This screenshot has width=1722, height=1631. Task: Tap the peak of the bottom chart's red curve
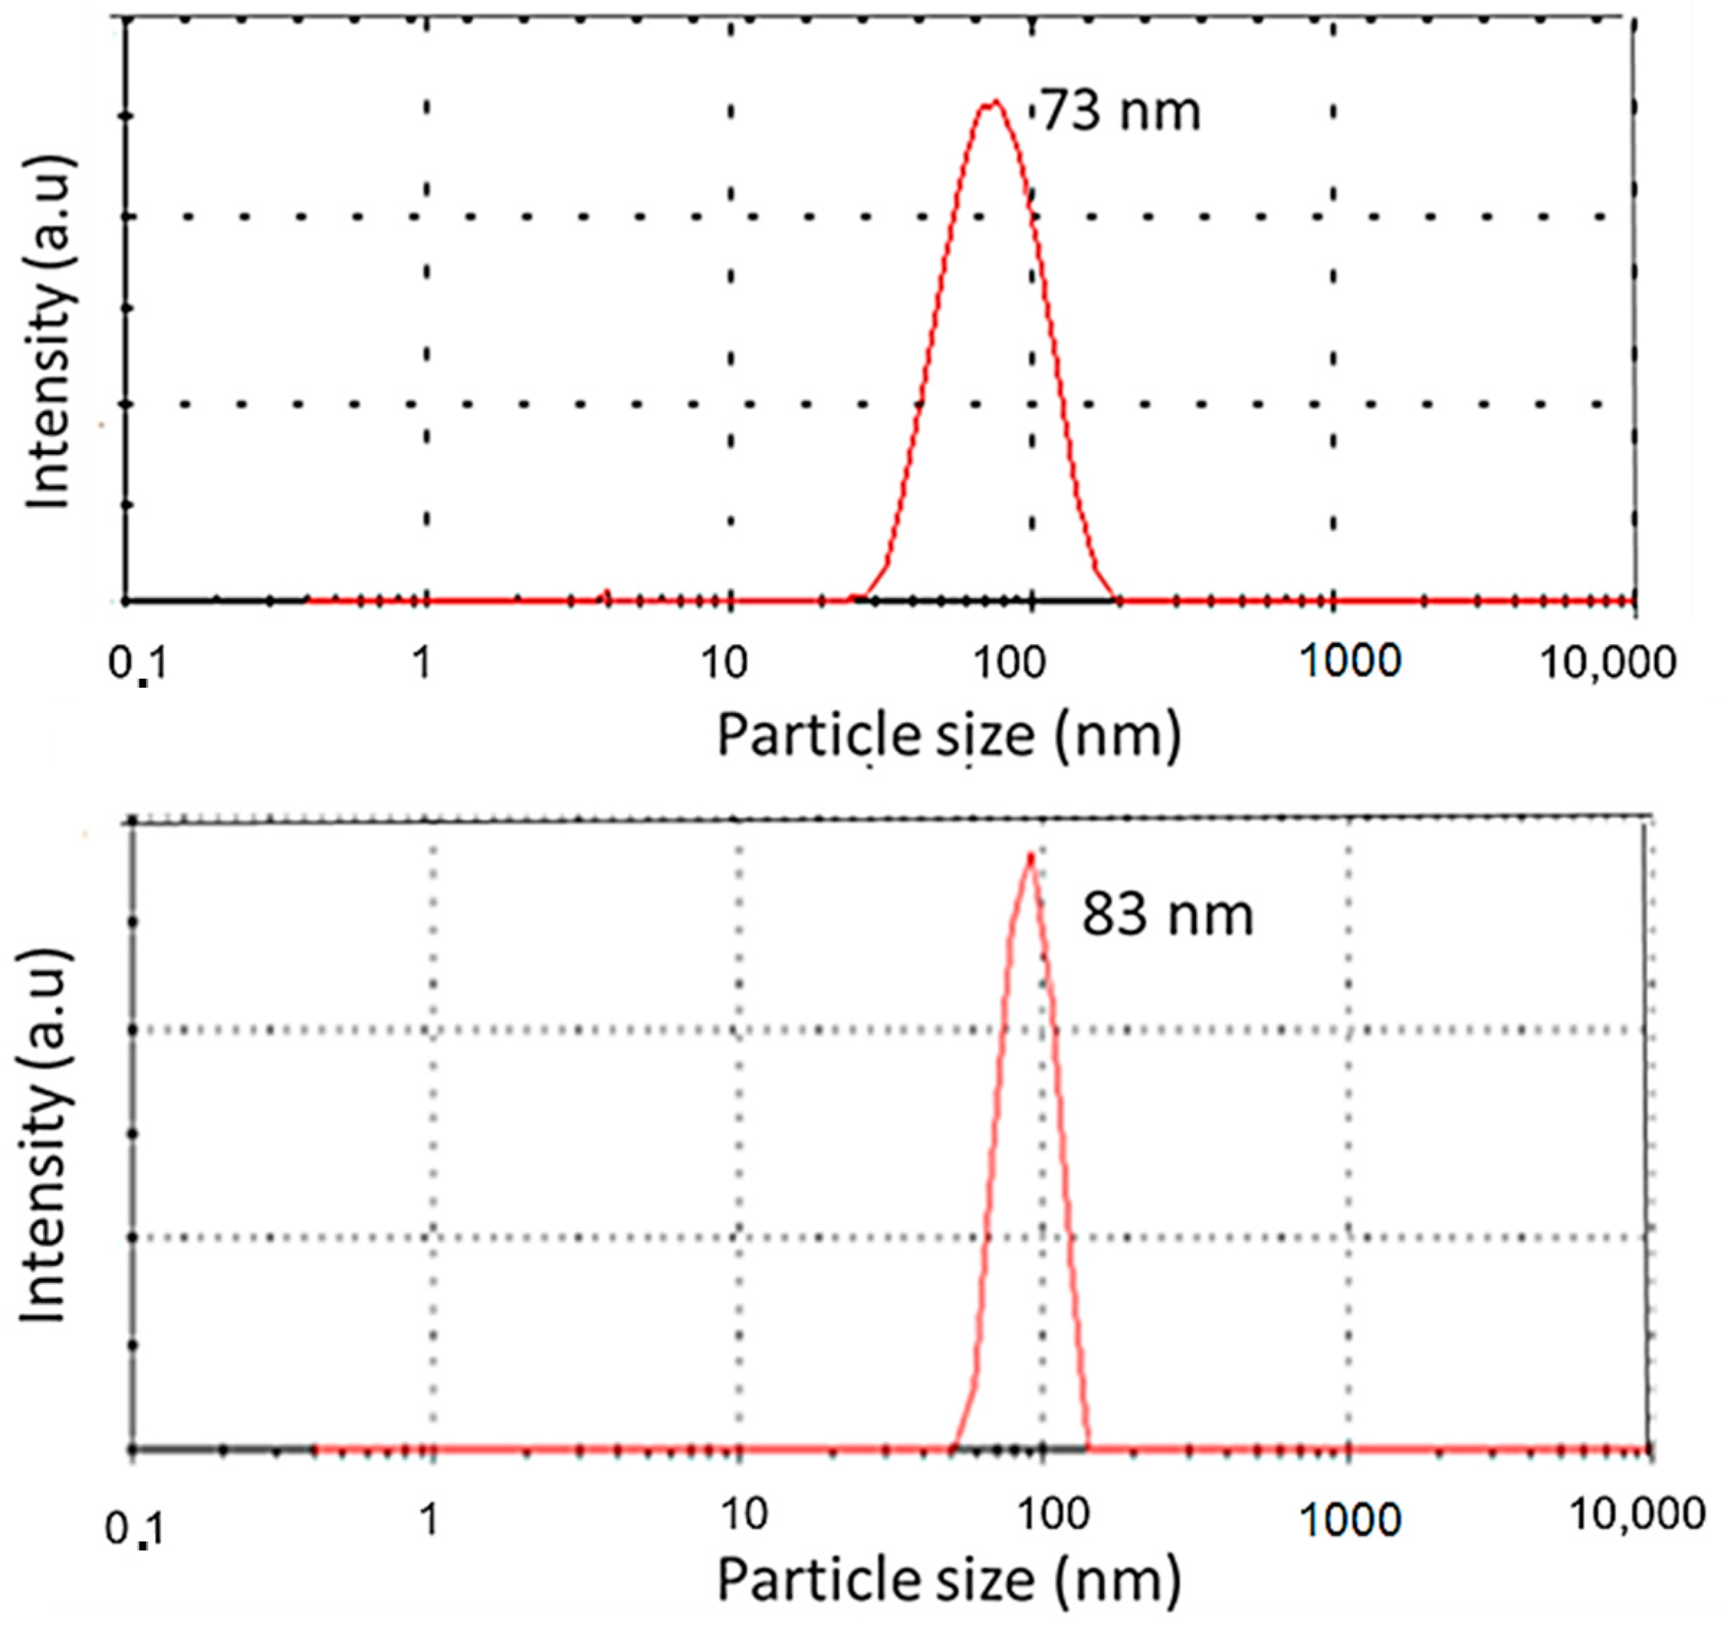1031,856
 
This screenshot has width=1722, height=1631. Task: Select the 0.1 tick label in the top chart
137,665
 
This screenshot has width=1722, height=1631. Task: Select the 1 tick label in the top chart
422,663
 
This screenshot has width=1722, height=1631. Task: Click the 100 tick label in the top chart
1008,663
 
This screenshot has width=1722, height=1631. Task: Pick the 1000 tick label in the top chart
1350,663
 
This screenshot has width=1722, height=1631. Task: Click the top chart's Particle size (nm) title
949,735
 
